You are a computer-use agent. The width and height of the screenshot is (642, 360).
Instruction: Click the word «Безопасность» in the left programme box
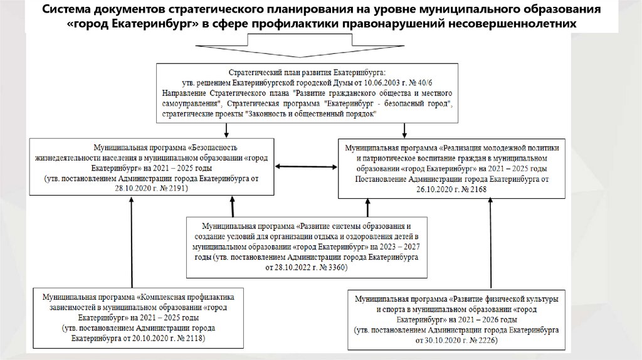tap(164, 143)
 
